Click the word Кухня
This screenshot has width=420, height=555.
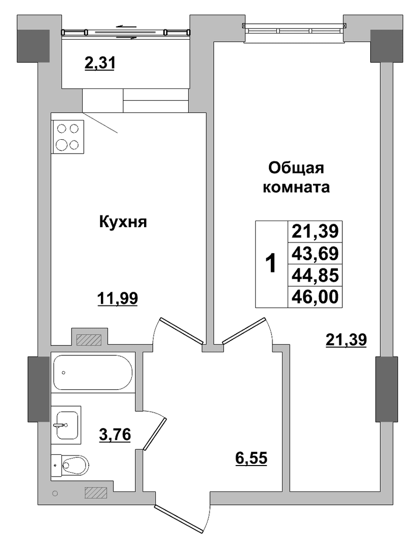123,222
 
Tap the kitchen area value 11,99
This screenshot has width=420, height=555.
117,298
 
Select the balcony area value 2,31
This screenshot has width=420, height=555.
99,64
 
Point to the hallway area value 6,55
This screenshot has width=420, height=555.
251,458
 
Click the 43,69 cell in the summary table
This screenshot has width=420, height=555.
315,254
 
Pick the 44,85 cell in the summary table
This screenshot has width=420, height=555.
315,275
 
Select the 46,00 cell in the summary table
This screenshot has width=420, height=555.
315,297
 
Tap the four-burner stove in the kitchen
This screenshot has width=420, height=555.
67,137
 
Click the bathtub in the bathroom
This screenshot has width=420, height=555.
92,373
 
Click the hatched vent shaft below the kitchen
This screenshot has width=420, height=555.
89,340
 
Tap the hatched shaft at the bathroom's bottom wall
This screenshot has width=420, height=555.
96,492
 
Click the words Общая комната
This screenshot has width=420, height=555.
296,177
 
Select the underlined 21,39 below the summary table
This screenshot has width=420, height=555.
346,340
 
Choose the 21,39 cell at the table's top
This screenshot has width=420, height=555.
315,232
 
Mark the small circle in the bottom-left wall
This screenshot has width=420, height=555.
55,493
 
